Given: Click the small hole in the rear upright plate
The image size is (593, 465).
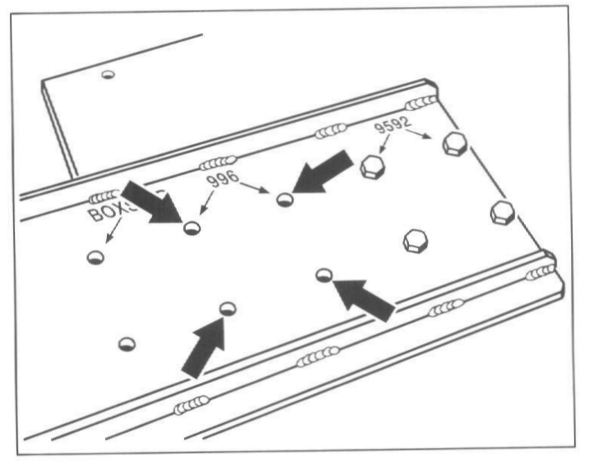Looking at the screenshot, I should click(x=108, y=74).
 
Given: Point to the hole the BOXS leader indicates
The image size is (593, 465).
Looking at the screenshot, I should click(x=95, y=257).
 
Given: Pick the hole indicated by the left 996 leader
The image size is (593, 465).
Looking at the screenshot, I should click(x=192, y=228).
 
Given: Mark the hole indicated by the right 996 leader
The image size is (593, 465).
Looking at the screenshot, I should click(x=284, y=199).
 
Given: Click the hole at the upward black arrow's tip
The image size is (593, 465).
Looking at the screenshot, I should click(x=227, y=308).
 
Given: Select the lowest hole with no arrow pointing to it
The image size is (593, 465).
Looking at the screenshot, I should click(x=128, y=344).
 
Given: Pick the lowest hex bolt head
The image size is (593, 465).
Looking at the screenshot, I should click(x=415, y=241).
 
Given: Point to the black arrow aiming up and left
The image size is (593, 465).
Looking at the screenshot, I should click(x=365, y=297).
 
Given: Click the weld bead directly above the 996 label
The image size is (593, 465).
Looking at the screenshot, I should click(x=218, y=162).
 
